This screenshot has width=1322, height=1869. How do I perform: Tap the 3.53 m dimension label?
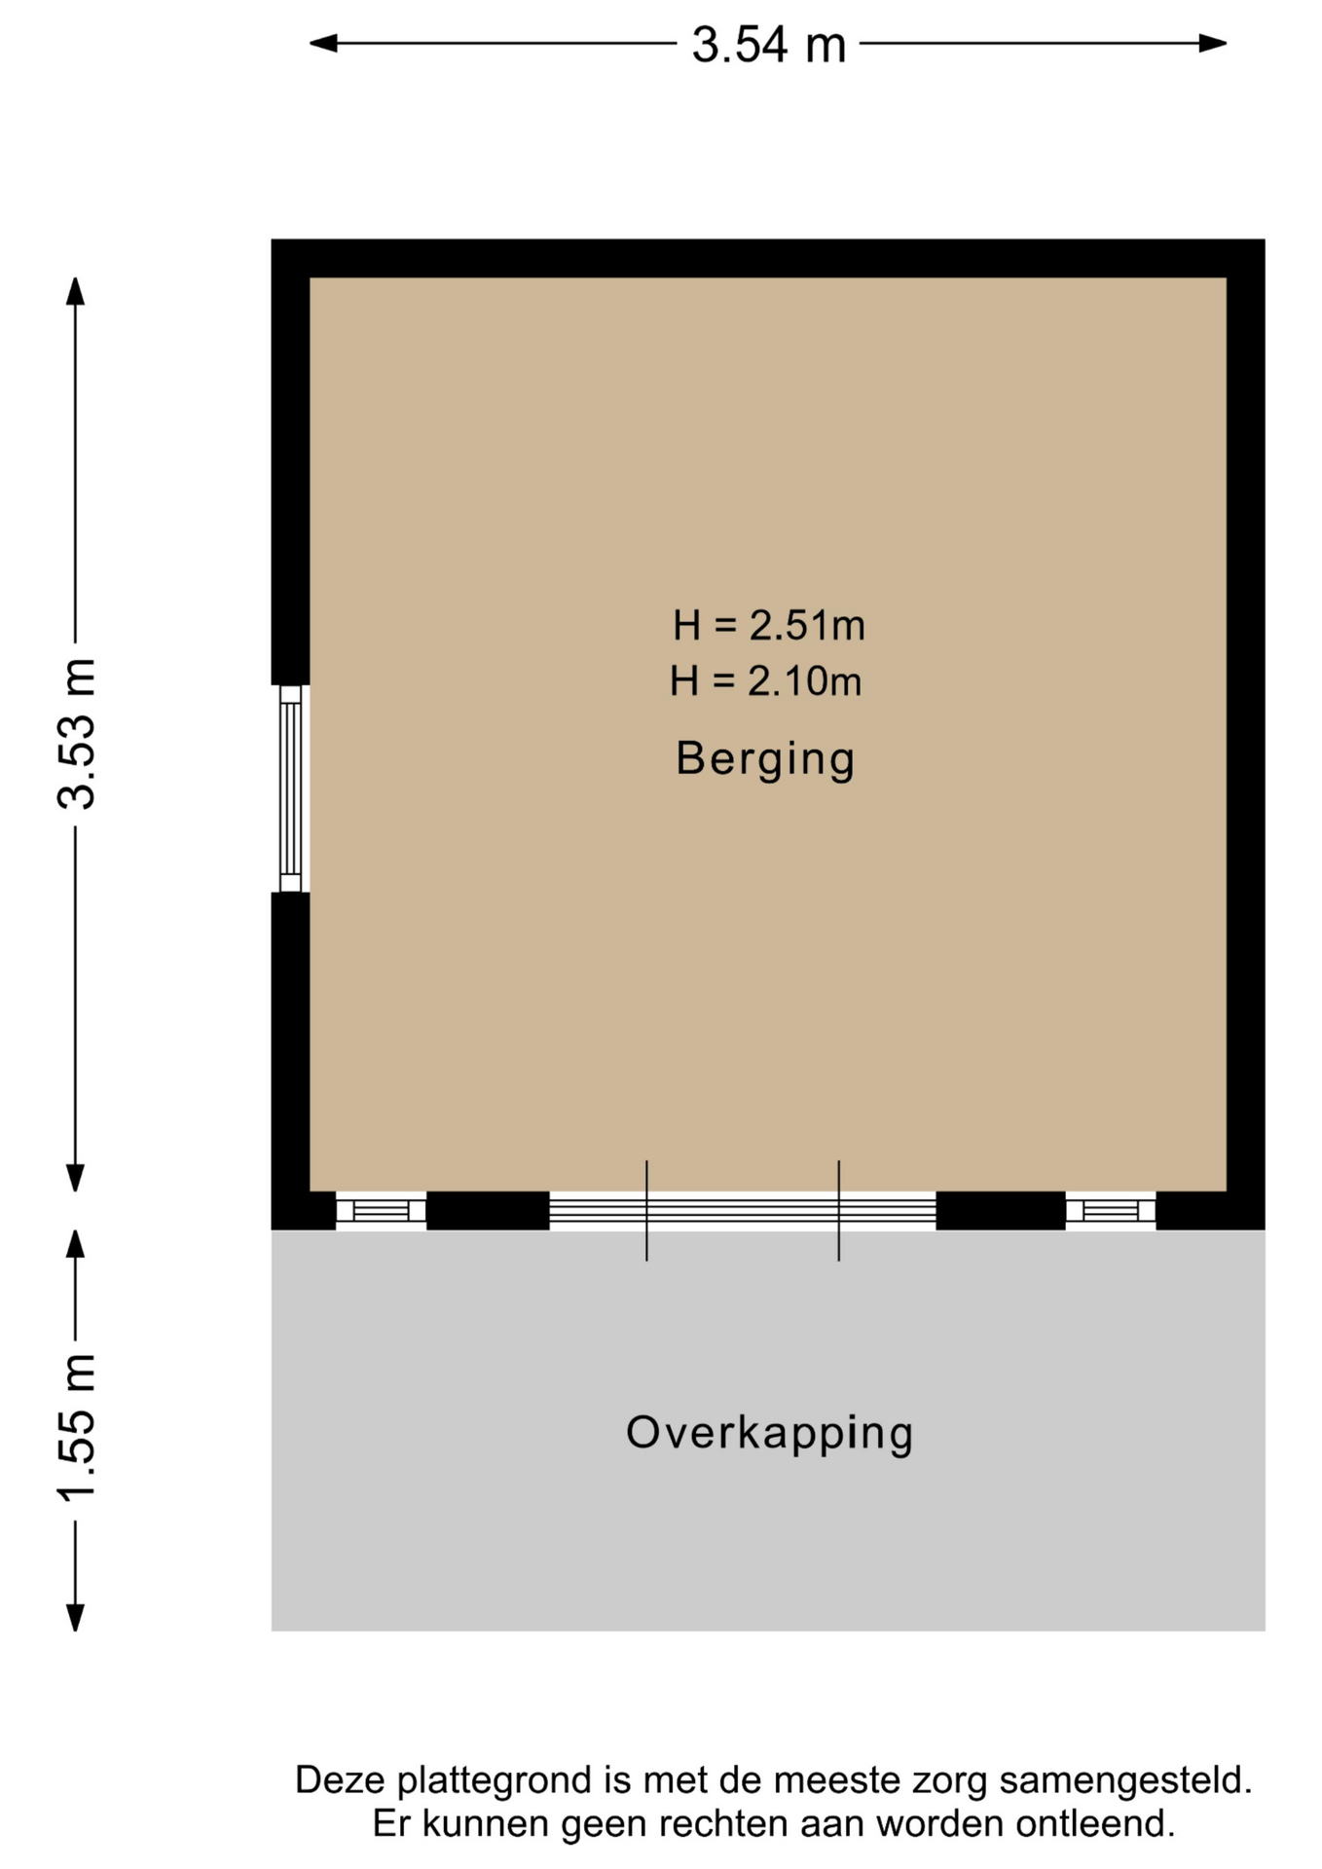coord(77,734)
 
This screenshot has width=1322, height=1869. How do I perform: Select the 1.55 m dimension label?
coord(77,1427)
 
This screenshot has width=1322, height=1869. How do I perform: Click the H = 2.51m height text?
coord(768,625)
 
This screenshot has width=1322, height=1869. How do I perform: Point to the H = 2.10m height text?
coord(766,680)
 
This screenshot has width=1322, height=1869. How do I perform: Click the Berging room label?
coord(765,759)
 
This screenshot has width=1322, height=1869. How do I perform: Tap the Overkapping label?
coord(769,1434)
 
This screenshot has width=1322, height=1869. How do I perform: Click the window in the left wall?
coord(290,788)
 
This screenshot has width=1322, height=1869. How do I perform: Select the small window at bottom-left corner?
coord(381,1211)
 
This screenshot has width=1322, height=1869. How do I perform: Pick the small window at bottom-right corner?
coord(1111,1211)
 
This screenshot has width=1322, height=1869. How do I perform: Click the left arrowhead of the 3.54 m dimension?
coord(323,43)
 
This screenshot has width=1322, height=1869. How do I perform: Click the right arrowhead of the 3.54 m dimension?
coord(1213,43)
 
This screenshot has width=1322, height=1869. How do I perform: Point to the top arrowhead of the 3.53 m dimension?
coord(75,291)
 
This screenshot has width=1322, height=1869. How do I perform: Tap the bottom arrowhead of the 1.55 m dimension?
coord(75,1617)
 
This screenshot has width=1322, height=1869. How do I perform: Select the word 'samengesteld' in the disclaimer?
coord(1125,1781)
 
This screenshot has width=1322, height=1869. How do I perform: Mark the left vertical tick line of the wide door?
coord(646,1211)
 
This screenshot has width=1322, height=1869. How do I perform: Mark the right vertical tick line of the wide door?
coord(839,1211)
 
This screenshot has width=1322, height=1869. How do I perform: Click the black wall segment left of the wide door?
coord(488,1211)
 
